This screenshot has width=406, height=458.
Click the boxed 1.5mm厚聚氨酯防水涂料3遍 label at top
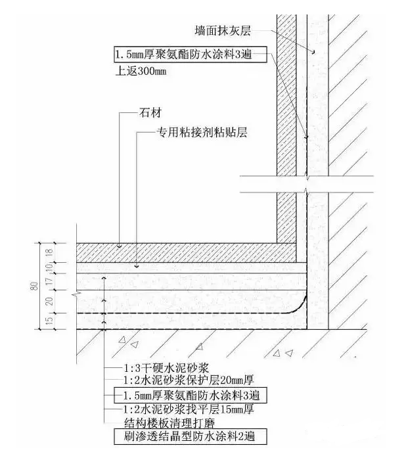pos(190,53)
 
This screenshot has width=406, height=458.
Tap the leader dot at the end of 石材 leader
pos(120,246)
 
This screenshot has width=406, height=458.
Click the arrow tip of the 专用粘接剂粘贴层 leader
pos(135,266)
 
